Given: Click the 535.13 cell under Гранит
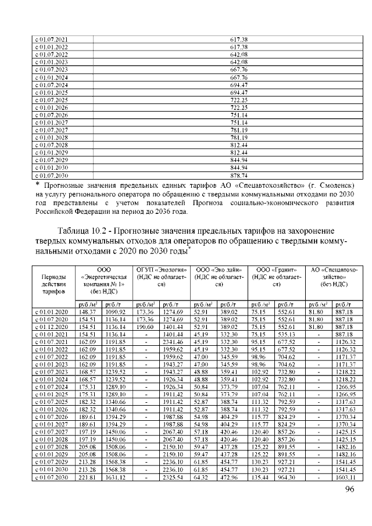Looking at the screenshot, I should pos(287,335).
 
